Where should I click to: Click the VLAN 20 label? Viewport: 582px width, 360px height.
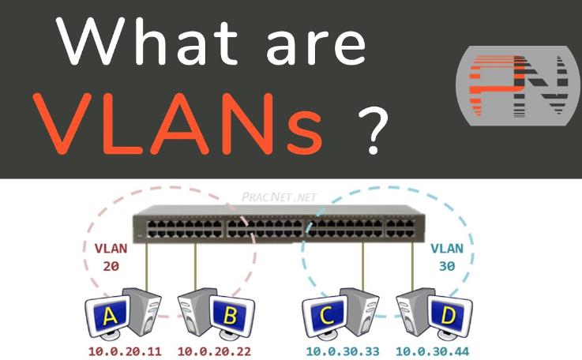click(x=110, y=256)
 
